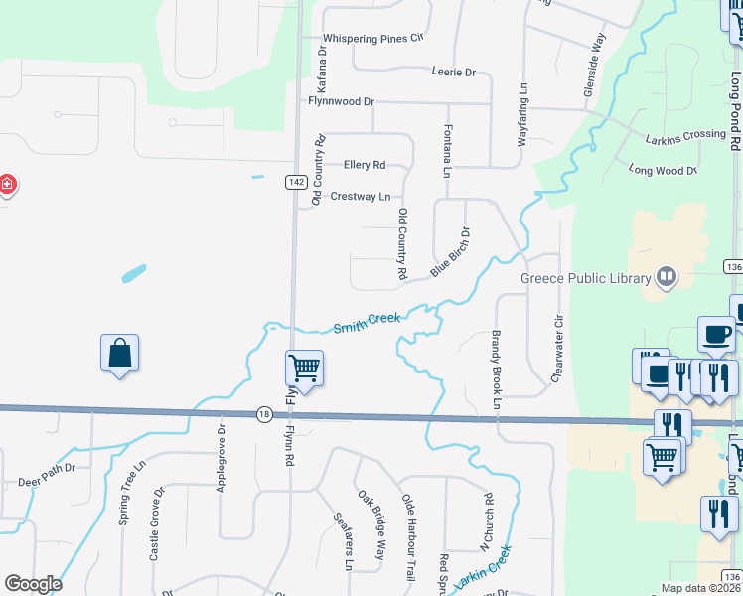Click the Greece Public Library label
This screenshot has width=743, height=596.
tap(586, 278)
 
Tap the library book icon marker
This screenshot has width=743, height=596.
tap(666, 278)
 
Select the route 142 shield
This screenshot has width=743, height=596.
tap(295, 182)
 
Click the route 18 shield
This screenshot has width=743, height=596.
tap(263, 415)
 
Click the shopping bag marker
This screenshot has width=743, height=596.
tap(119, 354)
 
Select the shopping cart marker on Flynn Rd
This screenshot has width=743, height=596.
tap(304, 370)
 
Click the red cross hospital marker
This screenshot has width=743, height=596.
tap(6, 185)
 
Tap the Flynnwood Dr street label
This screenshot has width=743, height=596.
tap(341, 101)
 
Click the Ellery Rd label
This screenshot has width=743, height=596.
tap(364, 165)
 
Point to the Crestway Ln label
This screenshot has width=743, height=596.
tap(360, 197)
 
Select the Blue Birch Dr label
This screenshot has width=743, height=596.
tap(450, 253)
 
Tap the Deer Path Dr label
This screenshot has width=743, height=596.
tap(47, 482)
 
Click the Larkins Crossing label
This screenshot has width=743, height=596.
tap(685, 135)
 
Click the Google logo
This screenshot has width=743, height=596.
tap(33, 584)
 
